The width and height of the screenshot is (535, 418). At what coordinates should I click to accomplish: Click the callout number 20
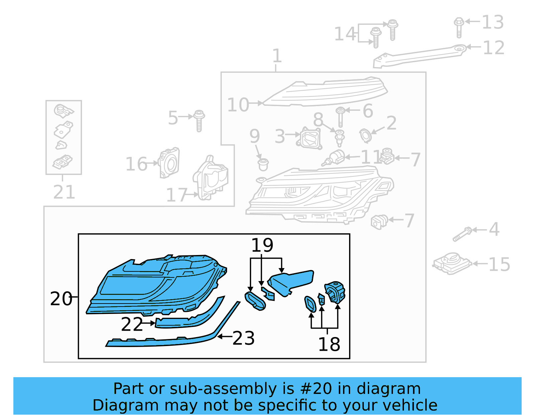tap(61, 299)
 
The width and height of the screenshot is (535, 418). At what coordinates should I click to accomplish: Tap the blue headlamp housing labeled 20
tap(154, 284)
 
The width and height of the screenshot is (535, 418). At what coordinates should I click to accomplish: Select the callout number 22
tap(132, 324)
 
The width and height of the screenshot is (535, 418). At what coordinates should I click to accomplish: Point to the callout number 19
tap(262, 245)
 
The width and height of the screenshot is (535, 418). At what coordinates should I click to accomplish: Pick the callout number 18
tap(329, 344)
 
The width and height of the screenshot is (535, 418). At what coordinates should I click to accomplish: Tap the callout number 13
tap(493, 22)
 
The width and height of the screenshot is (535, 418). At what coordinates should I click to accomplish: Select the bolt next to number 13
tap(459, 27)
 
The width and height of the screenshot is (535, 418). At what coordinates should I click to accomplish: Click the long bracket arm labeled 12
tap(418, 56)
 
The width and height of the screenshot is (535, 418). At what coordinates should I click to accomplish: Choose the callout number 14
tap(345, 34)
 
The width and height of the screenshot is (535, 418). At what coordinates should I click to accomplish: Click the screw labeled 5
tap(199, 120)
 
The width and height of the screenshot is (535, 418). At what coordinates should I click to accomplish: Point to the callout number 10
tap(238, 105)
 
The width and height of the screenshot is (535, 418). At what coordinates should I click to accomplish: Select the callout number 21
tap(64, 192)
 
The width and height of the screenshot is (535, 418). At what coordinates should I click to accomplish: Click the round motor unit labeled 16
tap(170, 163)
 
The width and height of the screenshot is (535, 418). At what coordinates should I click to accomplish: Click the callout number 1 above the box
tap(277, 56)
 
